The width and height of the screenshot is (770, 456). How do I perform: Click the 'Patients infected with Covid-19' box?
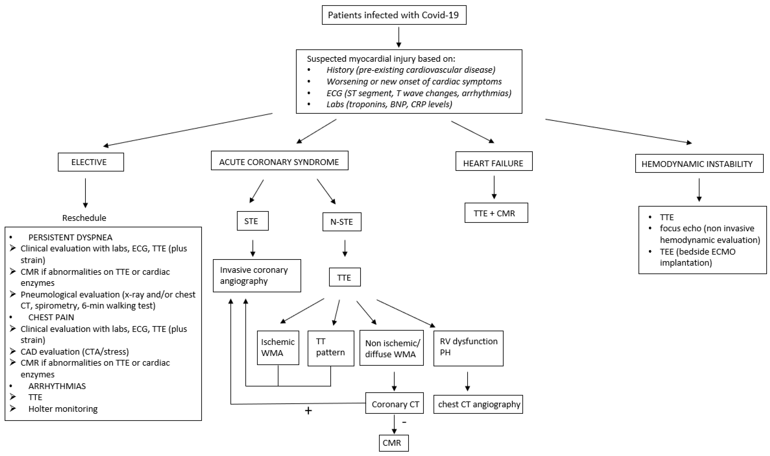[394, 15]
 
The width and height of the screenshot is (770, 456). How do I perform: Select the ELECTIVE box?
[90, 162]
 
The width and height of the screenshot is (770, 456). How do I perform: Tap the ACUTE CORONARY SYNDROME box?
[279, 160]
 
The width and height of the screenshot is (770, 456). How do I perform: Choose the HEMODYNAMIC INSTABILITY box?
[699, 164]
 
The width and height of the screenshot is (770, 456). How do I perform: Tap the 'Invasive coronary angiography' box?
[257, 276]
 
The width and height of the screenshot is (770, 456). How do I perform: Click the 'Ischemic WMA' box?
[278, 348]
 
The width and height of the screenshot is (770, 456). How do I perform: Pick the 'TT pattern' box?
[331, 348]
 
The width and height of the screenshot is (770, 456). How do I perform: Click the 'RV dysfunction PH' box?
[468, 348]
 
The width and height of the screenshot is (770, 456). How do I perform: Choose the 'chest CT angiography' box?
[478, 404]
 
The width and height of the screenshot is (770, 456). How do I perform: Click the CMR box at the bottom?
[393, 443]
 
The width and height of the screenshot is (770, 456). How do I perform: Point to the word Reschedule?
[84, 218]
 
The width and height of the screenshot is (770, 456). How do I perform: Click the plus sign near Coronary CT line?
[308, 411]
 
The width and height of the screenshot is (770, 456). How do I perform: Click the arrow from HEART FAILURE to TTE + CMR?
[494, 187]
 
